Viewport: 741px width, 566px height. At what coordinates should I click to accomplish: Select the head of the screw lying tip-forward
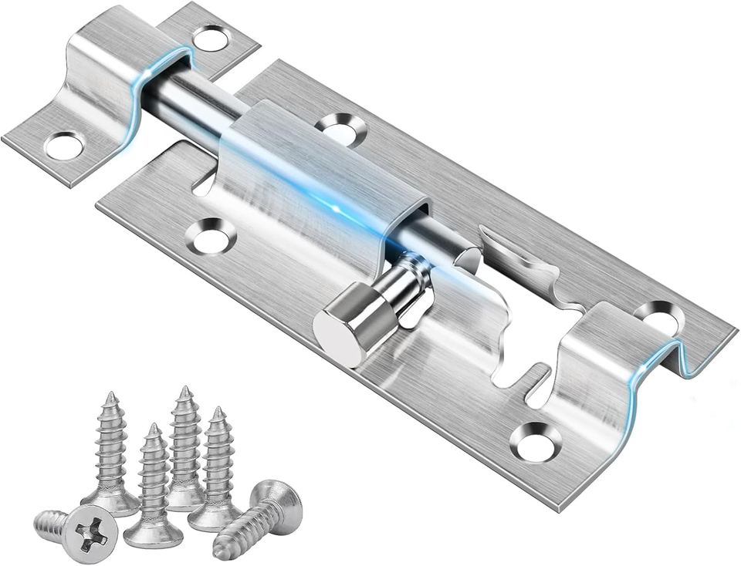277,505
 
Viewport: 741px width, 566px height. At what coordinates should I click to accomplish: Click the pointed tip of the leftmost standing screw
111,399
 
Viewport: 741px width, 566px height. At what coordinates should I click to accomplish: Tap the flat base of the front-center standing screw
153,533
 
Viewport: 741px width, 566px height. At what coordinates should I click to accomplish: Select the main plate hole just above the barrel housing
340,128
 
